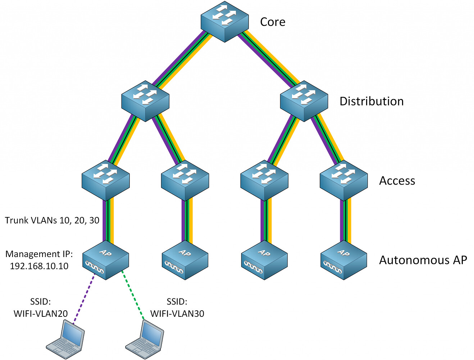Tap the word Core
273,22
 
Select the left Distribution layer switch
145,101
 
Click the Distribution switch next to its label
304,101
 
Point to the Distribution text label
372,102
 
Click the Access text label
397,181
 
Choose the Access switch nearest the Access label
344,180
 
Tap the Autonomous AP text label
423,260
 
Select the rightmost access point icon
344,260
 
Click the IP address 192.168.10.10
39,266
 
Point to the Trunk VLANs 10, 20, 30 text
52,220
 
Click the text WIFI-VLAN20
41,314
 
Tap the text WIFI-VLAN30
177,314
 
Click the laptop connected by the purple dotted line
65,337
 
